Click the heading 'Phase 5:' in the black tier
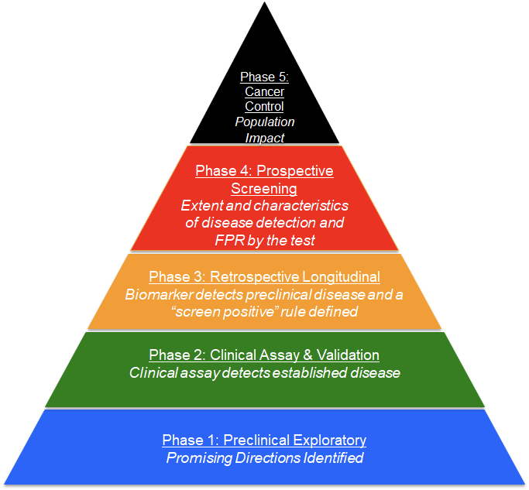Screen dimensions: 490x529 click(264, 77)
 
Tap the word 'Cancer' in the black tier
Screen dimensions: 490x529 click(264, 92)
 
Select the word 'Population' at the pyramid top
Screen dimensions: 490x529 click(265, 122)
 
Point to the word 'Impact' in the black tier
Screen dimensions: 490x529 click(265, 138)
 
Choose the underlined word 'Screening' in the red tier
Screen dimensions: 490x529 click(264, 188)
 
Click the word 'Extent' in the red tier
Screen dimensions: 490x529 click(201, 206)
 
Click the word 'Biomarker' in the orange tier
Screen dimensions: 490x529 click(156, 294)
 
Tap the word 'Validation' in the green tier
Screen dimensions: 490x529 click(347, 355)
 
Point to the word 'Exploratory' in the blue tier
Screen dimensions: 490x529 click(328, 440)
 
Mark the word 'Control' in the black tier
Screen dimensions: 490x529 click(264, 107)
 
